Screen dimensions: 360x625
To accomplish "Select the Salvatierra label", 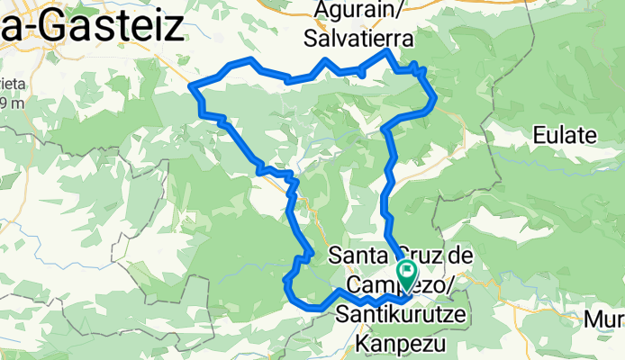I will coord(358,40).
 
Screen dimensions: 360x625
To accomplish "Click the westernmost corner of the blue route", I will coord(191,85).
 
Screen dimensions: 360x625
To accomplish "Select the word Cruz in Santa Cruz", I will coord(423,256).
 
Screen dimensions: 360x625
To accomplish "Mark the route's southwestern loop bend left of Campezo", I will coord(287,286).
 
